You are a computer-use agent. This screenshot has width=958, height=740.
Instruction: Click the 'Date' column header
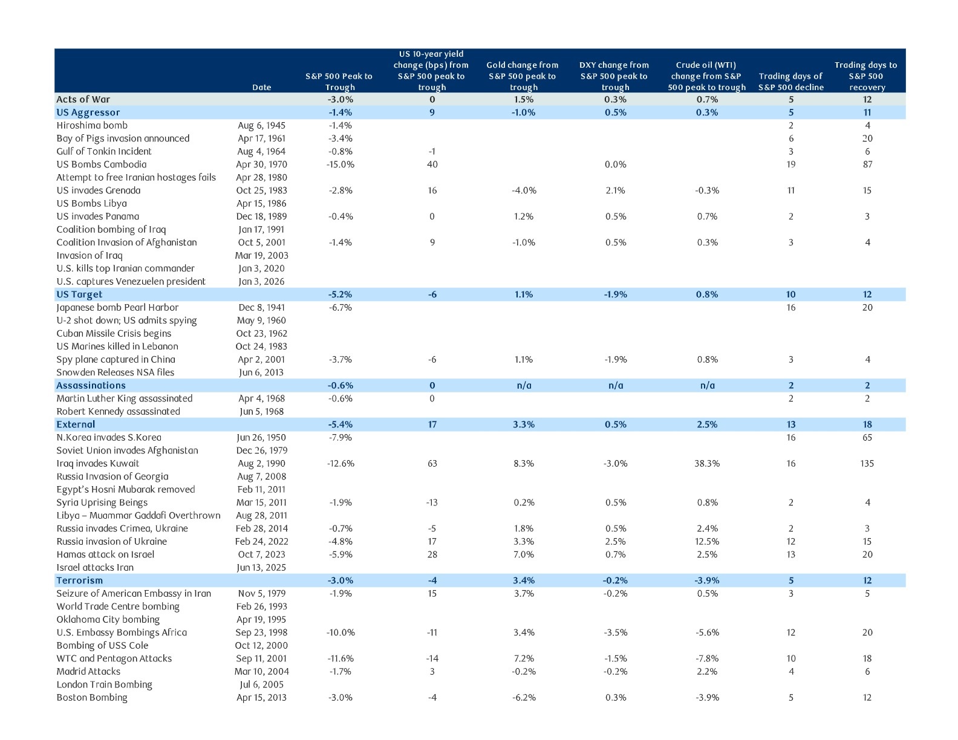pyautogui.click(x=261, y=87)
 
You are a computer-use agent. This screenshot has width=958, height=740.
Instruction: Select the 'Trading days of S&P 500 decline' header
pyautogui.click(x=790, y=82)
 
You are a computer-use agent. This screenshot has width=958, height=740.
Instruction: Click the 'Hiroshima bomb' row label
pyautogui.click(x=92, y=125)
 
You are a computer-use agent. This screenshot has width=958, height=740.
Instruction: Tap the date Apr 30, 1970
pyautogui.click(x=261, y=164)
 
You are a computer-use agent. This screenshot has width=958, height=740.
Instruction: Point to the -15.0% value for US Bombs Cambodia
pyautogui.click(x=341, y=164)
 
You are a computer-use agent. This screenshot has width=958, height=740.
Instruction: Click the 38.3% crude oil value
pyautogui.click(x=707, y=463)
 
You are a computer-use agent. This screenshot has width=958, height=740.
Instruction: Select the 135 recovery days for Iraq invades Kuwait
pyautogui.click(x=867, y=463)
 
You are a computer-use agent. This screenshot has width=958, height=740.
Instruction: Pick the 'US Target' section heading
pyautogui.click(x=79, y=294)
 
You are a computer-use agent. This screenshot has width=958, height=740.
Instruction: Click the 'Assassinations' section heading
pyautogui.click(x=91, y=385)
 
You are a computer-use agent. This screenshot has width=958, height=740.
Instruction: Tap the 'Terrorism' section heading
pyautogui.click(x=79, y=580)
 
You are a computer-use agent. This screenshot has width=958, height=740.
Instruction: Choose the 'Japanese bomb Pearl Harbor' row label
pyautogui.click(x=117, y=307)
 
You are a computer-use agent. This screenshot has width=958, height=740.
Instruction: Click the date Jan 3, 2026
pyautogui.click(x=261, y=281)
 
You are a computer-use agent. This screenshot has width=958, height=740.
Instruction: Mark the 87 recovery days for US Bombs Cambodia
pyautogui.click(x=867, y=164)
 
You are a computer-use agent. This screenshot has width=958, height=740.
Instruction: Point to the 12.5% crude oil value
pyautogui.click(x=707, y=541)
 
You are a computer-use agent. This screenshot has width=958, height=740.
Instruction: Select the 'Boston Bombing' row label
pyautogui.click(x=92, y=698)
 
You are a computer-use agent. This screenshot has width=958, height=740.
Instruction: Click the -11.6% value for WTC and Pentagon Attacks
pyautogui.click(x=341, y=658)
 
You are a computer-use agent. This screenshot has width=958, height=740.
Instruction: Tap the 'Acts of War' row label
pyautogui.click(x=83, y=99)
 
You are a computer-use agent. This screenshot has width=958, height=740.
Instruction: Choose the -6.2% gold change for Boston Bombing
pyautogui.click(x=524, y=698)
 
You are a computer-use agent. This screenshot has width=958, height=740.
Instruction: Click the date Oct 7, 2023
pyautogui.click(x=261, y=554)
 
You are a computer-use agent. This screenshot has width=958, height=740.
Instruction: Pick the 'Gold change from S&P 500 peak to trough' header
pyautogui.click(x=523, y=76)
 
